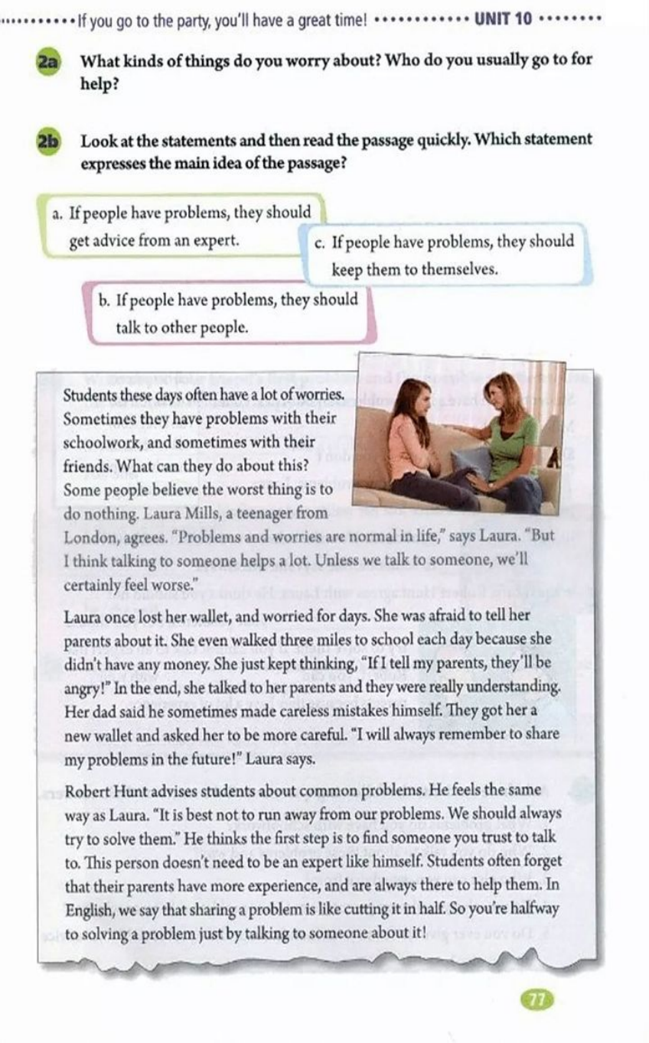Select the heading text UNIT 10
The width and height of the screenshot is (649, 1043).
click(x=503, y=18)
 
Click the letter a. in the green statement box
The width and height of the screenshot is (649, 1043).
click(x=57, y=213)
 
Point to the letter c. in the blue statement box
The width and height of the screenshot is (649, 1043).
click(x=320, y=242)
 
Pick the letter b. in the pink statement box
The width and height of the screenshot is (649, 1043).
click(x=105, y=300)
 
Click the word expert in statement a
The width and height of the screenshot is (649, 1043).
click(x=217, y=240)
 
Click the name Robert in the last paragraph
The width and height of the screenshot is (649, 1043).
click(x=88, y=791)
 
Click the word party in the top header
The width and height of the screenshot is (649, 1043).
click(x=174, y=19)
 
